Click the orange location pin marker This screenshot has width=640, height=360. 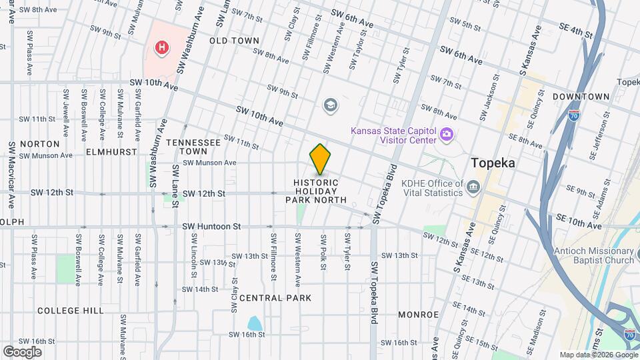pyautogui.click(x=320, y=159)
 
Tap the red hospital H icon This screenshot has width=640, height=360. pyautogui.click(x=161, y=47)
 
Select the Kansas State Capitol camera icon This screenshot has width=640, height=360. pyautogui.click(x=446, y=135)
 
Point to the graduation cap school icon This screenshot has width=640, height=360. pyautogui.click(x=329, y=105)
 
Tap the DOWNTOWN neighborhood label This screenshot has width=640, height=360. pyautogui.click(x=581, y=97)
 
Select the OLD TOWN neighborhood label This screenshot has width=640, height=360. pyautogui.click(x=234, y=41)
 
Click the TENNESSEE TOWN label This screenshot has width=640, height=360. pyautogui.click(x=193, y=147)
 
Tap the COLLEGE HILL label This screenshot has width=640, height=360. pyautogui.click(x=70, y=311)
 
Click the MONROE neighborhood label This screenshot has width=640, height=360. pyautogui.click(x=418, y=314)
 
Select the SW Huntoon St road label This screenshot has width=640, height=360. pyautogui.click(x=211, y=227)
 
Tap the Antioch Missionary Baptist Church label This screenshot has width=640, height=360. pyautogui.click(x=593, y=255)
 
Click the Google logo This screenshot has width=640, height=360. pyautogui.click(x=22, y=351)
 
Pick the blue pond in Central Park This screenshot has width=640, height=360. pyautogui.click(x=254, y=324)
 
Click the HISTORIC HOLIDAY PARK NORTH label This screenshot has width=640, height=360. pyautogui.click(x=320, y=191)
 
